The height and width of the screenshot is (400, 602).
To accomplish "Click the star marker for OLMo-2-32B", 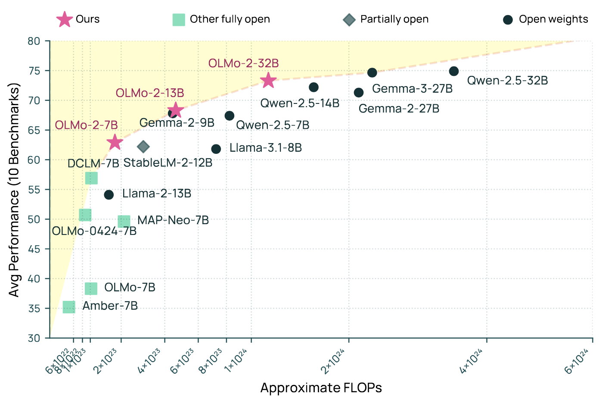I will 268,80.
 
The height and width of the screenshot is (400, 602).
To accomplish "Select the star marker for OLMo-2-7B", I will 115,142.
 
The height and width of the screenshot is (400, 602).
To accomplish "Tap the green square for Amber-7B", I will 69,307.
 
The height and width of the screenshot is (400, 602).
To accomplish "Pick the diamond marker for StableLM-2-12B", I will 143,147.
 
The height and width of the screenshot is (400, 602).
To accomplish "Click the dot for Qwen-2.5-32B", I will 454,71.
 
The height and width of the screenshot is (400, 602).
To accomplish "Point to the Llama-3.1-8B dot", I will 216,149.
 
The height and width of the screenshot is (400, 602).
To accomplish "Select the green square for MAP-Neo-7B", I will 124,222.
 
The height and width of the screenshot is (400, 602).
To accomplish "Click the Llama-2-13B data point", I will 109,195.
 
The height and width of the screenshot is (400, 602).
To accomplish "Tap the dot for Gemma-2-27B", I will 359,93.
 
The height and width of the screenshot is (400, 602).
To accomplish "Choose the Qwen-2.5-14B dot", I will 314,87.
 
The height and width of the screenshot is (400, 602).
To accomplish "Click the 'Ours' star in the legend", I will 65,19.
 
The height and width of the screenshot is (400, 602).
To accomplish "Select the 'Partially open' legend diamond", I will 349,20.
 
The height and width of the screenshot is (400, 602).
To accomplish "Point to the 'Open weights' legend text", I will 553,19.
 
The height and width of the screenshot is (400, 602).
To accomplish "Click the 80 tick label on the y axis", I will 34,41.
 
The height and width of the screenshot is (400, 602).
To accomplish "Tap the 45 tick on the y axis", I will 34,249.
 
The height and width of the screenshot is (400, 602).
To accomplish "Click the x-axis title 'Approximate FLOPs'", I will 321,388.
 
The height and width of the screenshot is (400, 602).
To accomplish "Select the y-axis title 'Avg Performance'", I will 15,190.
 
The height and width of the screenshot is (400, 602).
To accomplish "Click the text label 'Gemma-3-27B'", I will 412,89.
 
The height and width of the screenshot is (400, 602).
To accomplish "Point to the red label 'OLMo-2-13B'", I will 150,93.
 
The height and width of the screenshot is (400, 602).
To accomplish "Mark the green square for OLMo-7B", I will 91,288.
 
